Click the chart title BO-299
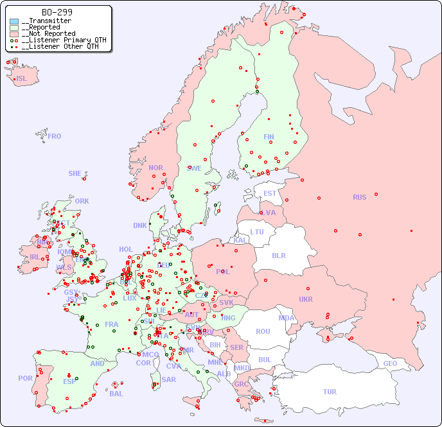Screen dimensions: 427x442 [57, 12]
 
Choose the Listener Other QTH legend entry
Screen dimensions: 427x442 [60, 46]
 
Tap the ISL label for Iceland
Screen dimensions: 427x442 [22, 79]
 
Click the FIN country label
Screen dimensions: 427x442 [269, 137]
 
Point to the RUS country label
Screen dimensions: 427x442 [359, 197]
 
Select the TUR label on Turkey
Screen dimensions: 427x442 [329, 392]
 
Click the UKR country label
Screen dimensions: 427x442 [306, 299]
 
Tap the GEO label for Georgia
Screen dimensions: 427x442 [390, 363]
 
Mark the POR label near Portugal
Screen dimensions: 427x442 [25, 378]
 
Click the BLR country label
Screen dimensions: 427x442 [278, 255]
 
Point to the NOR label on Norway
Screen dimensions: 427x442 [155, 168]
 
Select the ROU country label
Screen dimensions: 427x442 [263, 331]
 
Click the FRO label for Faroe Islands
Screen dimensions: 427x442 [54, 136]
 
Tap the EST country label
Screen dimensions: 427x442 [270, 193]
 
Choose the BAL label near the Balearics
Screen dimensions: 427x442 [116, 394]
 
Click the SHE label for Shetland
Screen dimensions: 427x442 [75, 173]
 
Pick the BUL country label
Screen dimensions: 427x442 [265, 360]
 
